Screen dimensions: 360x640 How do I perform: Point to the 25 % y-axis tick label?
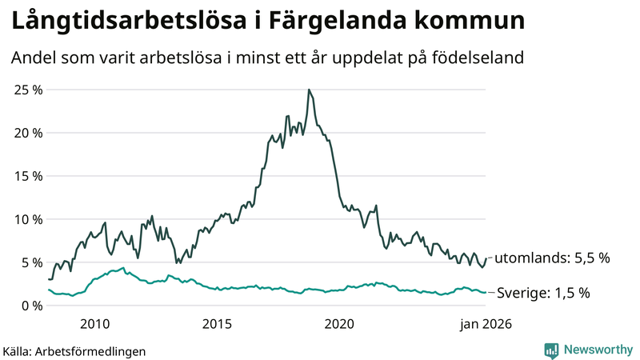(29, 90)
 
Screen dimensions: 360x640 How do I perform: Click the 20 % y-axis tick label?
(29, 133)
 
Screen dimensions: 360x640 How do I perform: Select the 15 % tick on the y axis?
(29, 176)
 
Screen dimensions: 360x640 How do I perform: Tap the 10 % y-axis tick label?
(29, 219)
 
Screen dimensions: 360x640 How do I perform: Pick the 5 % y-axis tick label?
(32, 262)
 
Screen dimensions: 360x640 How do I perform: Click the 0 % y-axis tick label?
(32, 306)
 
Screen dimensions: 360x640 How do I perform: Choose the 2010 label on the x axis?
(94, 324)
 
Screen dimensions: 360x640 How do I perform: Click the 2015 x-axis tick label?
(217, 324)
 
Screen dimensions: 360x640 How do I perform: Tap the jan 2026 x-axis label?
(484, 324)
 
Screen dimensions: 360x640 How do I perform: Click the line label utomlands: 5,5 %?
(552, 258)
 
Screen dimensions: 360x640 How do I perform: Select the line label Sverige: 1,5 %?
(543, 293)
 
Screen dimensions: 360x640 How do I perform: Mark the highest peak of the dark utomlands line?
(309, 90)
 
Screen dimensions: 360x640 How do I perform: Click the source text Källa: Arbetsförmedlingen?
(74, 350)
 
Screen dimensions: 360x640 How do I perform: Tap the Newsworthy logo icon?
(551, 350)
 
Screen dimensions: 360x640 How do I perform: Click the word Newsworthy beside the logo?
(597, 350)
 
